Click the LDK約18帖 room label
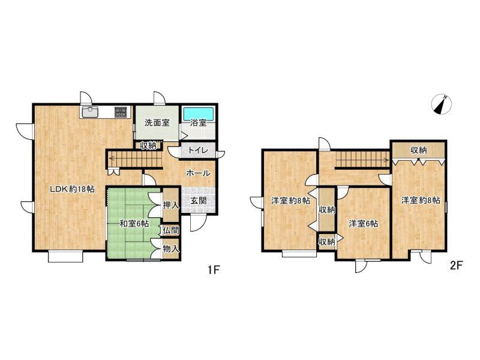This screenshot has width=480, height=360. tap(72, 189)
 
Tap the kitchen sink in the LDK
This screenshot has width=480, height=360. tap(89, 112)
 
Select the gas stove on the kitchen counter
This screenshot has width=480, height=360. tap(121, 112)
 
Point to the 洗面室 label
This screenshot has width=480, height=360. tap(157, 123)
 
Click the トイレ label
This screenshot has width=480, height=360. tap(198, 151)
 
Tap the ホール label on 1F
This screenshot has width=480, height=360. tap(198, 173)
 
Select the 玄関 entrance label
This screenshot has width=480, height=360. tap(199, 200)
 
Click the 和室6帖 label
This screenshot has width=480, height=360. tap(134, 224)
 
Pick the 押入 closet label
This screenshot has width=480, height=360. tap(171, 205)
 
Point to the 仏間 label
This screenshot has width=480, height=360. tap(171, 230)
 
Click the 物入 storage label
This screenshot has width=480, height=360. tap(171, 249)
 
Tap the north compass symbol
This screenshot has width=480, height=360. tap(441, 105)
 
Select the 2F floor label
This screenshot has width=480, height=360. tap(456, 265)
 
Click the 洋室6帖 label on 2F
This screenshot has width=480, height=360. tap(364, 224)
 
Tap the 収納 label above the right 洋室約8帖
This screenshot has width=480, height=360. tap(418, 151)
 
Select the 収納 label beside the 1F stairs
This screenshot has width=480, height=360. tap(148, 145)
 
